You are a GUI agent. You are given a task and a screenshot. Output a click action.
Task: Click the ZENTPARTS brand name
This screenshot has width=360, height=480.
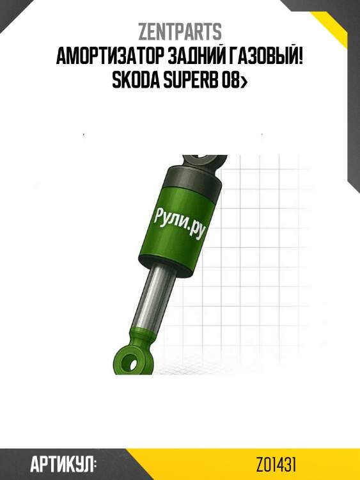pos(180,32)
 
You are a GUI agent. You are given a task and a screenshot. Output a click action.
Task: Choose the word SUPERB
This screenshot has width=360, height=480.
pos(191,81)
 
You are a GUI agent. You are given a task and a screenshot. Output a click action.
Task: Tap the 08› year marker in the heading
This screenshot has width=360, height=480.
pos(235,81)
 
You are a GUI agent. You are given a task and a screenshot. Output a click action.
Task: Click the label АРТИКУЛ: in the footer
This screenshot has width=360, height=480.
pos(63,465)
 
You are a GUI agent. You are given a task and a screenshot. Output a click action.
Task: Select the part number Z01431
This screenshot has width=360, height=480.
pos(276,465)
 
